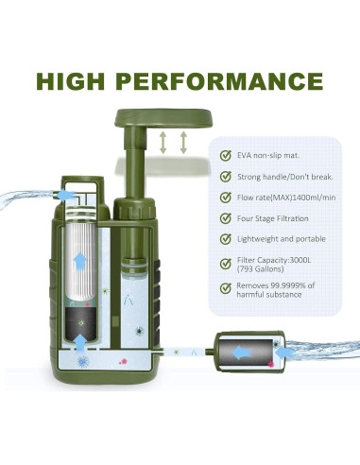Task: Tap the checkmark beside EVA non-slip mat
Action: coord(225,155)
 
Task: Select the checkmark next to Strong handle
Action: coord(225,176)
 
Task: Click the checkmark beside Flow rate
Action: coord(225,198)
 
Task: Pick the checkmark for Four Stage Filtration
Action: coord(225,219)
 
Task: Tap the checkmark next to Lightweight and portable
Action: coord(225,240)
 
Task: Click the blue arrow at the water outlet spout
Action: coord(66,194)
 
